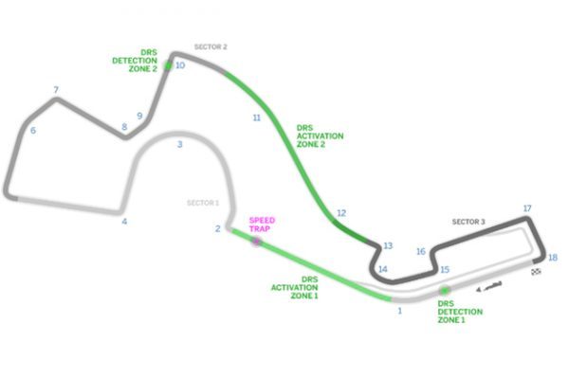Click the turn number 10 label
[x=180, y=65]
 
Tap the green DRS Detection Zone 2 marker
[x=168, y=65]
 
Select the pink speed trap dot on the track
[x=256, y=242]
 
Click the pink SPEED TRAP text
[x=262, y=225]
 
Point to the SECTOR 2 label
[x=211, y=46]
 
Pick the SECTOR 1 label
[x=203, y=203]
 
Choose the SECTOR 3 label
[x=468, y=222]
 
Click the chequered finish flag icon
[x=537, y=271]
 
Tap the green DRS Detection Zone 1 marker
[x=444, y=291]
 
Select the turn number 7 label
[x=56, y=90]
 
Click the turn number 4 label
[x=124, y=221]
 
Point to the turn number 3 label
[x=179, y=144]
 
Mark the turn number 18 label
[x=553, y=258]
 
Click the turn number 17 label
[x=527, y=208]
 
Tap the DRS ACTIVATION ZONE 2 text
[x=321, y=136]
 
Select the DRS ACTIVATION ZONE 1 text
[x=295, y=288]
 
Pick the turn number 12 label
[x=341, y=213]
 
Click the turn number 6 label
[x=33, y=130]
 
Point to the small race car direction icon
[x=489, y=286]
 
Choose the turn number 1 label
[x=400, y=311]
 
